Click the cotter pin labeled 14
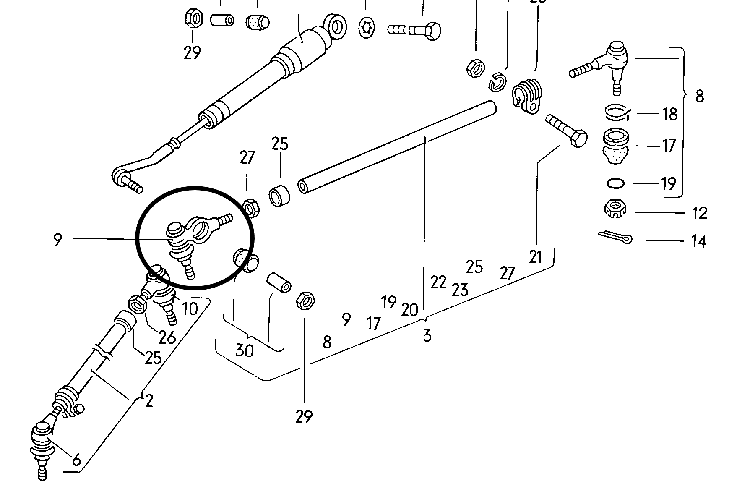615,237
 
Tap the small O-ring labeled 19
615,183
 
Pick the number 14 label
698,241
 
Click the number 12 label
699,213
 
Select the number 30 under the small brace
245,350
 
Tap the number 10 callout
190,309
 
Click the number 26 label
167,337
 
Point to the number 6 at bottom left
76,460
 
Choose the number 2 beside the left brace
149,401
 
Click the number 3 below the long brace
427,335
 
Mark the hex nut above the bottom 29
306,300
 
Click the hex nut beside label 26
137,304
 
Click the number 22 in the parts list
438,282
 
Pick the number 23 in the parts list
460,290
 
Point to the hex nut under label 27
251,207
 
